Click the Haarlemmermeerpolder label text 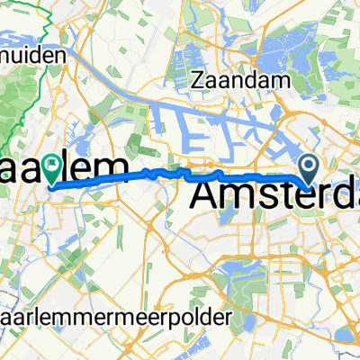[x=117, y=318]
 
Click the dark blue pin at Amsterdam [x=310, y=167]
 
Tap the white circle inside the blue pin [x=310, y=164]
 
